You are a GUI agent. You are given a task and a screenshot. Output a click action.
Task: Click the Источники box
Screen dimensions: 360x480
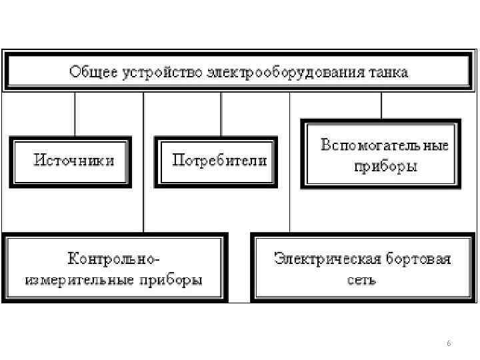click(71, 161)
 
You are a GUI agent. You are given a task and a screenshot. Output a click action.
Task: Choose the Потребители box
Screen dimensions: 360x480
click(216, 161)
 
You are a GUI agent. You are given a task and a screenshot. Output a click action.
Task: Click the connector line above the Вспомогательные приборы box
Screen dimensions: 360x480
click(381, 105)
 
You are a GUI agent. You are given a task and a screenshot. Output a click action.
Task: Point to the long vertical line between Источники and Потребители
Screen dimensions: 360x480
click(144, 167)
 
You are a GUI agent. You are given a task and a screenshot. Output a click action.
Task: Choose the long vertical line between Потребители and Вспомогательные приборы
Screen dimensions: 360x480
click(290, 167)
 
